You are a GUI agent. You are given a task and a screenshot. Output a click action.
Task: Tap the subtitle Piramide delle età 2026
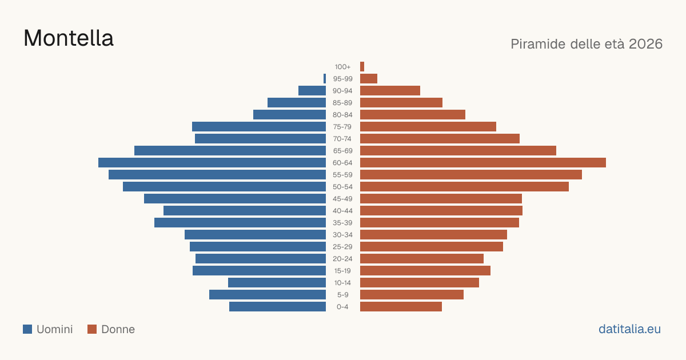point(587,44)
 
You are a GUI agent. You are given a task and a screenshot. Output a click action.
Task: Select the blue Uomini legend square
point(27,329)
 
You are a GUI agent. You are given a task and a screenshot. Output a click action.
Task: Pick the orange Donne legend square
point(92,329)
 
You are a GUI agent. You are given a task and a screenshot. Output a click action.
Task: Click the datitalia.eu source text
point(629,329)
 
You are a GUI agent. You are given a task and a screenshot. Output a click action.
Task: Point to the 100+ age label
point(342,67)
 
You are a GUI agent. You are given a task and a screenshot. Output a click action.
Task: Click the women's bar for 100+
point(362,67)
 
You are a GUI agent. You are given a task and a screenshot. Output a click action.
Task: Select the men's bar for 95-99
point(325,79)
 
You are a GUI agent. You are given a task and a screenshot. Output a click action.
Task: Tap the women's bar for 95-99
point(369,79)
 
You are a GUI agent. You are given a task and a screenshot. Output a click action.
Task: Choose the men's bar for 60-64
point(212,162)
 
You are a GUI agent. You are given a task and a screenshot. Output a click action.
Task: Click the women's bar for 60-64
point(483,162)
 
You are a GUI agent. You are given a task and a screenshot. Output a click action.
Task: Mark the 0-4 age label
point(342,307)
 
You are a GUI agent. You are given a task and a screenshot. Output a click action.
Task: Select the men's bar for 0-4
point(277,307)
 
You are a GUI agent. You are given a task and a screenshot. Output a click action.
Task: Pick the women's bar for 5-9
point(412,295)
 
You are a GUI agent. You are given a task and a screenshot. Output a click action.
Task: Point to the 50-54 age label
point(342,187)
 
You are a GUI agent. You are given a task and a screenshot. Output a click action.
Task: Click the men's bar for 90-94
point(312,91)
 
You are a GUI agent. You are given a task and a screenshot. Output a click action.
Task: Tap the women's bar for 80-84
point(413,115)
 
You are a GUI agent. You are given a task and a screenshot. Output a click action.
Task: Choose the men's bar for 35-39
point(240,222)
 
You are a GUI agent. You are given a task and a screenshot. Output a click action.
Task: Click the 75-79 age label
point(342,127)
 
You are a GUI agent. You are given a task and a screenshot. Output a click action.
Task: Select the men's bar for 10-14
point(277,282)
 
